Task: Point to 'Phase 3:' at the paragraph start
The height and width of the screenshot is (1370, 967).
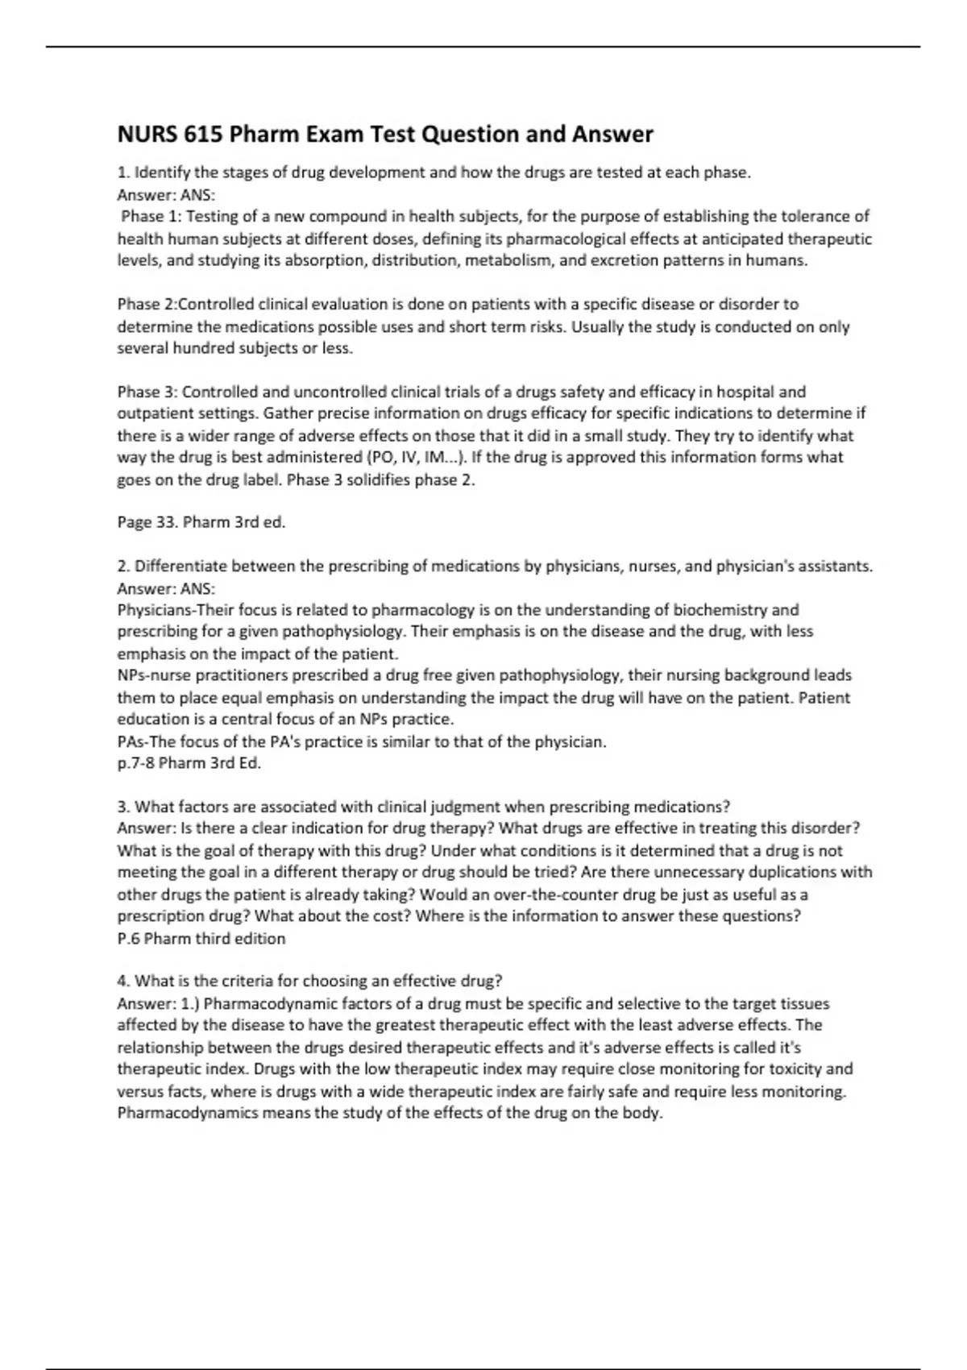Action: (147, 392)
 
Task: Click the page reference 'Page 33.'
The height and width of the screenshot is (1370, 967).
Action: (147, 522)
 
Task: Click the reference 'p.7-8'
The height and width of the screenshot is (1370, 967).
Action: (135, 763)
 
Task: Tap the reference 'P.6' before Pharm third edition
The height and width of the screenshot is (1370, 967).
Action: (129, 939)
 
